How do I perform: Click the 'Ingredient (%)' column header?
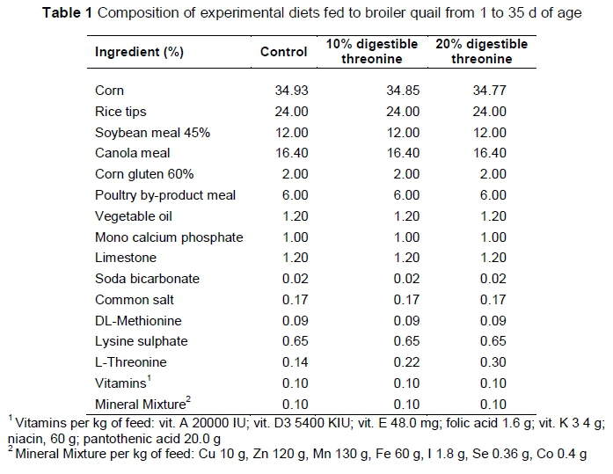pyautogui.click(x=139, y=52)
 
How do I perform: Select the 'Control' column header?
pyautogui.click(x=284, y=52)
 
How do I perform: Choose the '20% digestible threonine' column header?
pyautogui.click(x=481, y=52)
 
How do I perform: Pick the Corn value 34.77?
pyautogui.click(x=489, y=91)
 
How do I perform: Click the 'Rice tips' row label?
pyautogui.click(x=120, y=112)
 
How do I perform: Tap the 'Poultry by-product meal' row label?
pyautogui.click(x=164, y=195)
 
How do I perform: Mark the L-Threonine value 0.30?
pyautogui.click(x=493, y=362)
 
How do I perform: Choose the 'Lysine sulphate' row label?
pyautogui.click(x=141, y=341)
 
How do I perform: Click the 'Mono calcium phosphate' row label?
pyautogui.click(x=168, y=237)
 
